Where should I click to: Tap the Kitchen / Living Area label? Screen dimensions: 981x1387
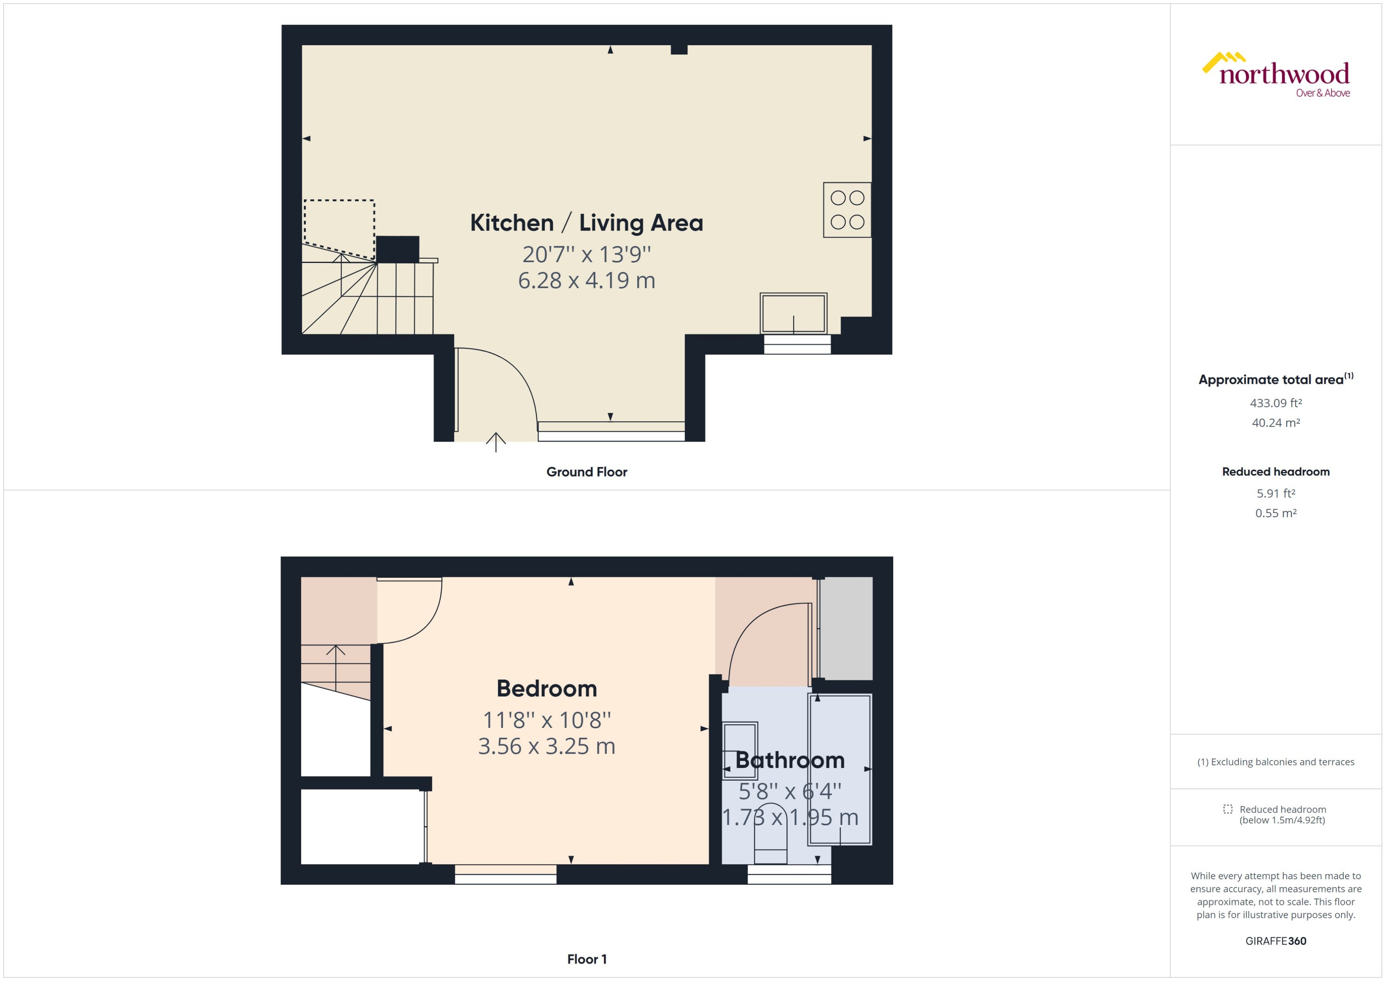586,223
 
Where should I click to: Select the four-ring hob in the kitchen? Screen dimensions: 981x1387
847,210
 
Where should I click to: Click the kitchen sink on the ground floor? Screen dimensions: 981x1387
793,313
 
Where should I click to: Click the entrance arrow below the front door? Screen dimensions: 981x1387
496,442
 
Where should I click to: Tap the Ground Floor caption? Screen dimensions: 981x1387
586,472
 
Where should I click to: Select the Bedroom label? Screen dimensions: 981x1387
546,689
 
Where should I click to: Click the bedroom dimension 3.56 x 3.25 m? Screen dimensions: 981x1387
546,747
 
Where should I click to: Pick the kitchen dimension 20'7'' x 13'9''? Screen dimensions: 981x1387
586,254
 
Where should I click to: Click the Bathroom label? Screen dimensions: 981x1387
789,760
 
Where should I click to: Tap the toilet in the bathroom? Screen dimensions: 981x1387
770,834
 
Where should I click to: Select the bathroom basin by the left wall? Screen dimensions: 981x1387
740,743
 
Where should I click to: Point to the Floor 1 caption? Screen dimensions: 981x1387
586,959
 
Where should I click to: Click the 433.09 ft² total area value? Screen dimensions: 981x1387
1275,403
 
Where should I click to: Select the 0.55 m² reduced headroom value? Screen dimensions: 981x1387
1275,513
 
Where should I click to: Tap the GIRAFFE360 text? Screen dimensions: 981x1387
1275,941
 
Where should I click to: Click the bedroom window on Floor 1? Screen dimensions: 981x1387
505,874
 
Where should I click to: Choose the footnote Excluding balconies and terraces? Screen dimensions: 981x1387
1275,762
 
